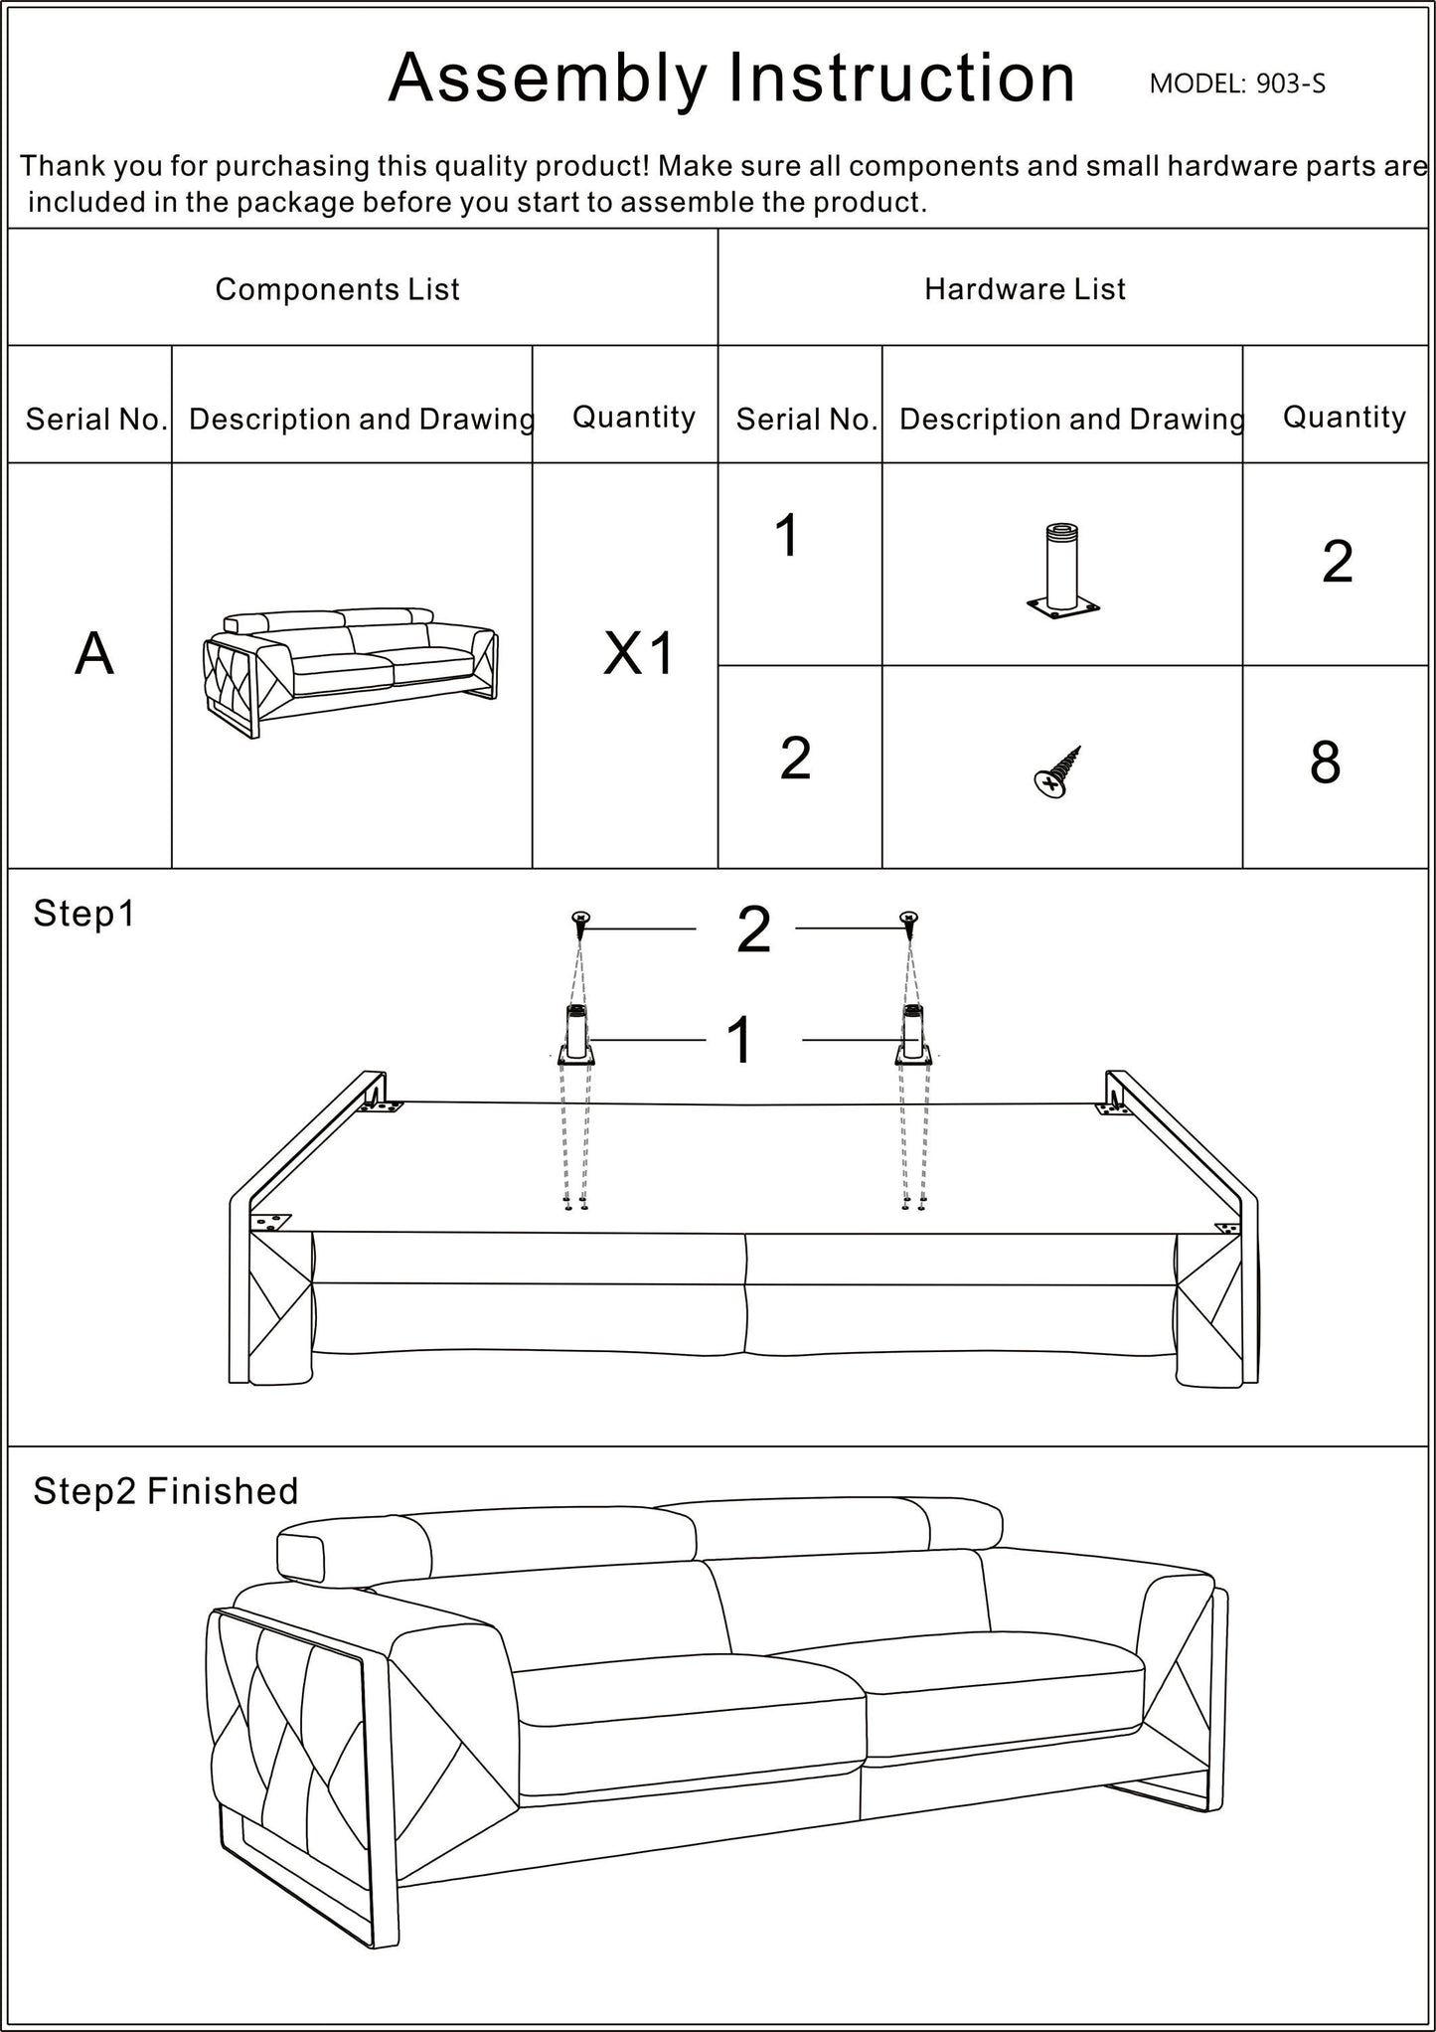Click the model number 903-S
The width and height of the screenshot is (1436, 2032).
pos(1289,84)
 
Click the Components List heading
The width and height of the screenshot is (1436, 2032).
pos(337,289)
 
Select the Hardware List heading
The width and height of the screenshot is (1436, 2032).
pos(1025,289)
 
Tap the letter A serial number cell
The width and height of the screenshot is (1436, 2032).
pos(93,654)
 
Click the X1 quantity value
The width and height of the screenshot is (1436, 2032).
pos(638,654)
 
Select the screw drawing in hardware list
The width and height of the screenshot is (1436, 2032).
pos(1056,772)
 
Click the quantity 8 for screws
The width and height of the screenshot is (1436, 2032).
pos(1324,763)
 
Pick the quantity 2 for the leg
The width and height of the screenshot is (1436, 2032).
pos(1337,563)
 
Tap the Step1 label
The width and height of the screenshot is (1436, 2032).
pos(83,914)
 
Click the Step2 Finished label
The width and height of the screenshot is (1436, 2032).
pos(165,1491)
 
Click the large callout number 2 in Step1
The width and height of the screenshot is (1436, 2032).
pos(753,931)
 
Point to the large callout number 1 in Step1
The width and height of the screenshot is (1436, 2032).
pos(740,1041)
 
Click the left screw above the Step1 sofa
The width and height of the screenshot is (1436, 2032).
pos(580,921)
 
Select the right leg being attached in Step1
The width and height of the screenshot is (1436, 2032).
pos(913,1036)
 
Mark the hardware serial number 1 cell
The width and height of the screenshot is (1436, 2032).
pos(786,537)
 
